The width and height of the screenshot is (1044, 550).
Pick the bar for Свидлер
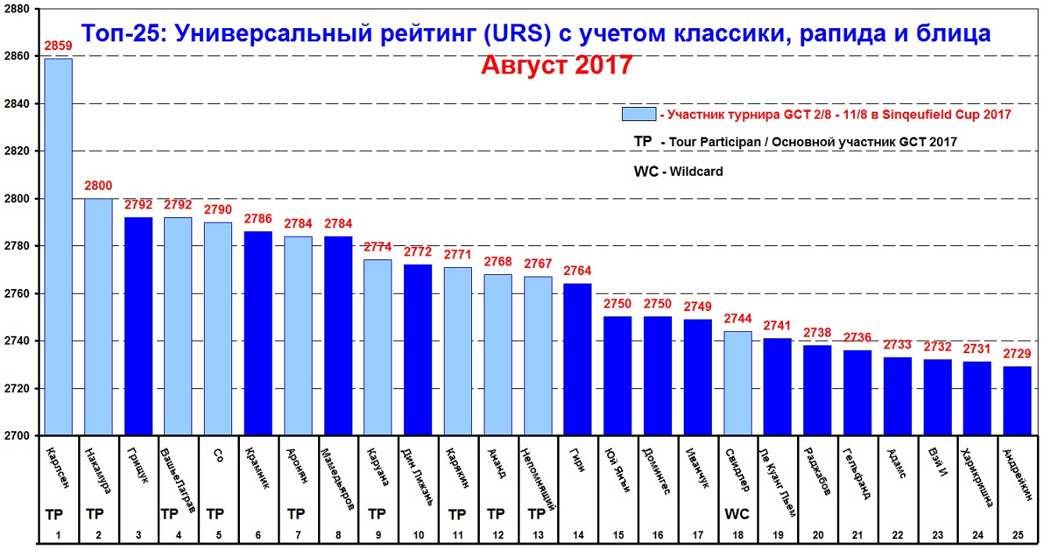(738, 383)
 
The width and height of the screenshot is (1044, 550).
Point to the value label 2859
(58, 46)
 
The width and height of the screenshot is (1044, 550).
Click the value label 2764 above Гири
(577, 272)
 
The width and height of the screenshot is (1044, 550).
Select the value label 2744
(738, 320)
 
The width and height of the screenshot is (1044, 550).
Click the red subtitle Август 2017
(556, 65)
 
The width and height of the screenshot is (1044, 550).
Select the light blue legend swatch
(638, 114)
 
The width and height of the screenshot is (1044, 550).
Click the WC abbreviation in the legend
(645, 170)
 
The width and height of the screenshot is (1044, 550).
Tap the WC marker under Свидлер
(737, 515)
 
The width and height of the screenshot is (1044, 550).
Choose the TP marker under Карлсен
(54, 515)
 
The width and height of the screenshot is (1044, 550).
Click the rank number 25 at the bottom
(1017, 535)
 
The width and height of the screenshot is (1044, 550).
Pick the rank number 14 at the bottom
(577, 535)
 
